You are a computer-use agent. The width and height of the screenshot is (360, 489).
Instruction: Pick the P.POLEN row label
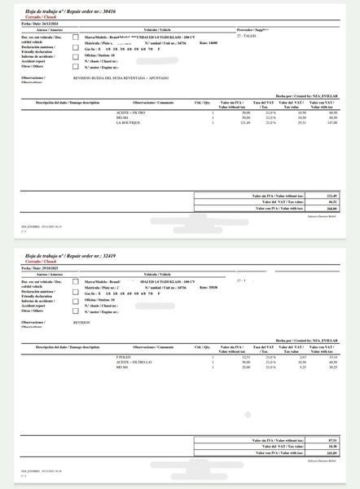click(x=124, y=357)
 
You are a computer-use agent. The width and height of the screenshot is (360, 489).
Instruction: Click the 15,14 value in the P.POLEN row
click(x=332, y=357)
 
